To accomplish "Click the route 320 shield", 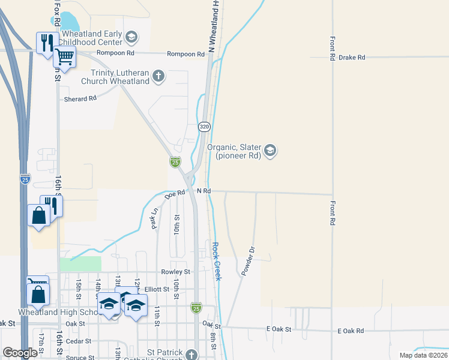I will (205, 127).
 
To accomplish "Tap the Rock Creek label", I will (217, 261).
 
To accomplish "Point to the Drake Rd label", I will (352, 58).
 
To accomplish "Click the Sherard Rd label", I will (80, 98).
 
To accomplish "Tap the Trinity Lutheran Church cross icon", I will (158, 76).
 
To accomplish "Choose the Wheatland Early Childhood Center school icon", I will (131, 38).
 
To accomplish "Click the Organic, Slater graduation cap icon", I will (270, 150).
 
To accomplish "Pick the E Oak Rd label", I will (351, 331).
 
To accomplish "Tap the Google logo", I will (20, 353).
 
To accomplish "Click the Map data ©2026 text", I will (423, 355).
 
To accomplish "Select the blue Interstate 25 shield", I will (25, 179).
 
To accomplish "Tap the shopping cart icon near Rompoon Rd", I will (64, 58).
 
